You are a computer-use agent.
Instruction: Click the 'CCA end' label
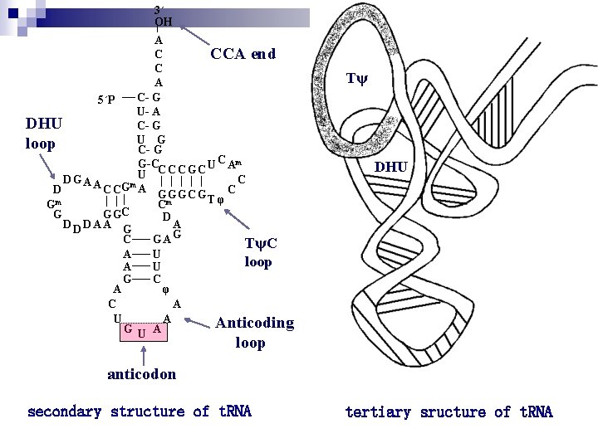243,55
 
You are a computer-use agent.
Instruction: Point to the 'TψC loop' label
261,252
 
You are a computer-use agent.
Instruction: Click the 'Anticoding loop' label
254,332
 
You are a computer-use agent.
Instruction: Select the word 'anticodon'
142,374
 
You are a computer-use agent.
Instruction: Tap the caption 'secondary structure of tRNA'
140,412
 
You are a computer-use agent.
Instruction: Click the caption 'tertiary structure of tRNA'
448,412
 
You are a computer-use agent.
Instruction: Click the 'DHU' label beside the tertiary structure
390,168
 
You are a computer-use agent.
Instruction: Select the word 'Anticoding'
254,324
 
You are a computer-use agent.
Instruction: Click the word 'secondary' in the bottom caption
65,412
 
